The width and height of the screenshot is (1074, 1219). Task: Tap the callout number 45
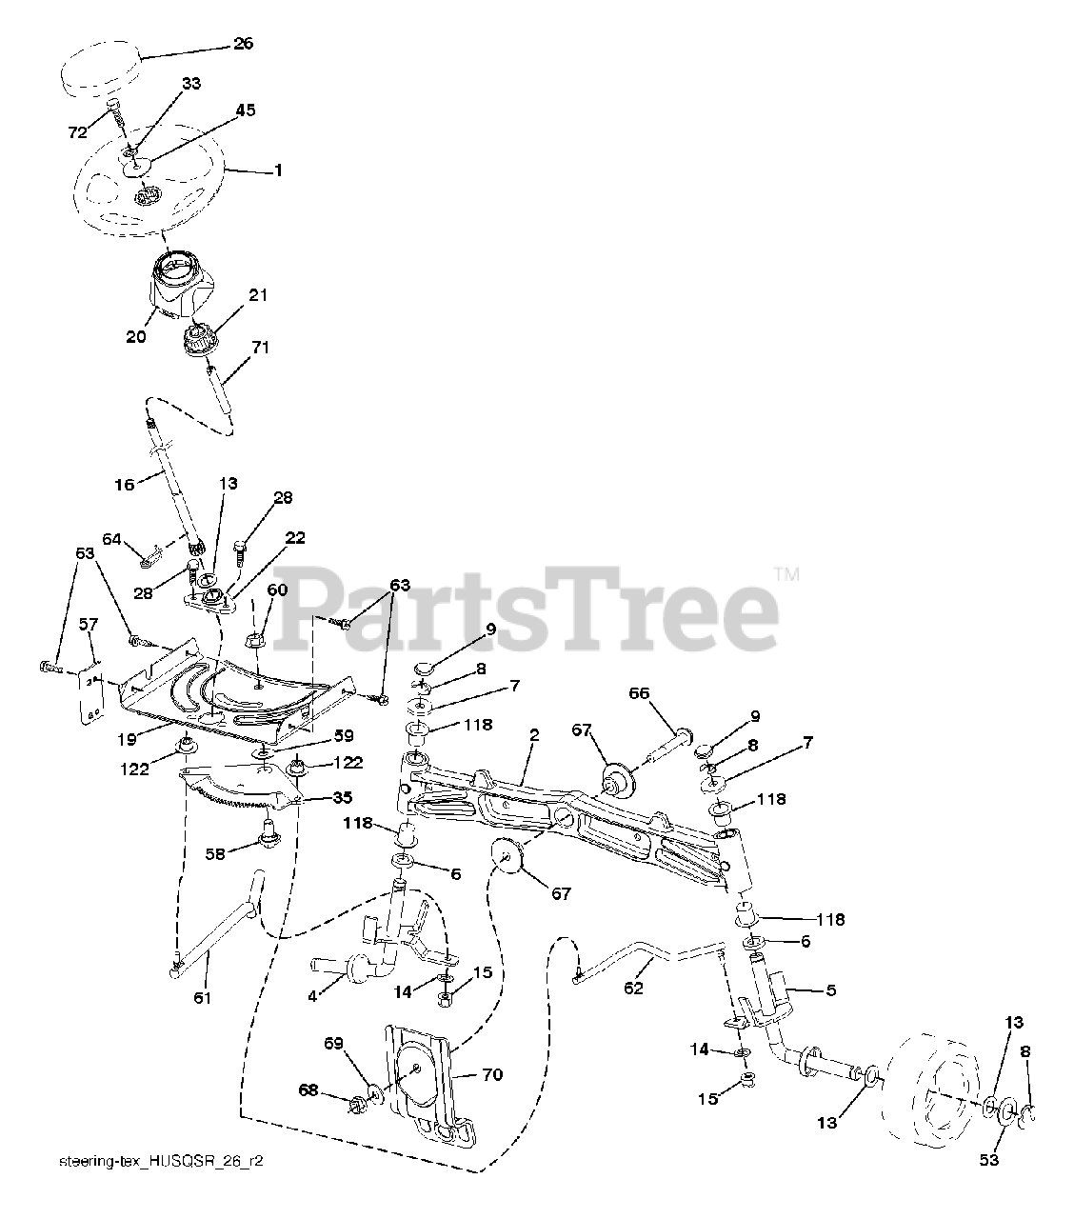coord(245,110)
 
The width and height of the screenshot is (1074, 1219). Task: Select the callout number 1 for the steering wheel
coord(278,170)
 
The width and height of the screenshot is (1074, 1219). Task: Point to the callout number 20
coord(135,336)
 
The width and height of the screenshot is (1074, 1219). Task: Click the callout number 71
coord(259,349)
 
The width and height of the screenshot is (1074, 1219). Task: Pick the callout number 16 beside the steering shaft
coord(125,484)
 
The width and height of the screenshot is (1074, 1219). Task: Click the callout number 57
coord(88,624)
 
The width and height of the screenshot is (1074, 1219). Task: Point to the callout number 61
coord(202,997)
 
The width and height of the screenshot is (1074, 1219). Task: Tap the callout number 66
coord(639,693)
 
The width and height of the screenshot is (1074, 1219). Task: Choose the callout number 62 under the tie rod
coord(633,988)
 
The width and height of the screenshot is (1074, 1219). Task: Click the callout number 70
coord(492,1075)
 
